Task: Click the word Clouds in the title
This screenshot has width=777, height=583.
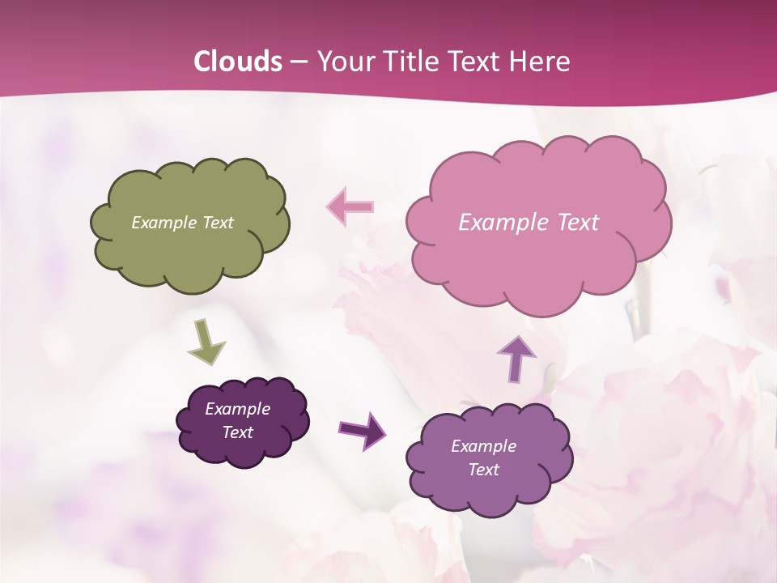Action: click(238, 62)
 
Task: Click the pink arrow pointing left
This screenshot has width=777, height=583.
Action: click(350, 206)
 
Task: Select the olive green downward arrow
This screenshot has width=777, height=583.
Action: click(206, 340)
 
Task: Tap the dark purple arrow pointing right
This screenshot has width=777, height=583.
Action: click(362, 429)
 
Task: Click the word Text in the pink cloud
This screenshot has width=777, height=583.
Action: click(578, 223)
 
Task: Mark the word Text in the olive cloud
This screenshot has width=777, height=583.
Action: click(218, 223)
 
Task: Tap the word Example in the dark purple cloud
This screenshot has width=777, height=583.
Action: click(237, 409)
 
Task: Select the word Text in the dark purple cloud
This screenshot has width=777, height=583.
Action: click(237, 432)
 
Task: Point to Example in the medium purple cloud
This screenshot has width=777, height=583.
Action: click(483, 446)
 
